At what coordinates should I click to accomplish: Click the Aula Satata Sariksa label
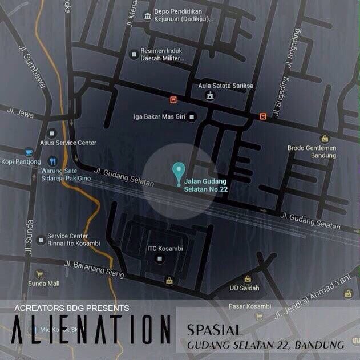[217, 86]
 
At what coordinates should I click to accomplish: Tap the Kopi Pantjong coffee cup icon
[29, 152]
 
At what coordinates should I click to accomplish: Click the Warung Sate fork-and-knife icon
[52, 161]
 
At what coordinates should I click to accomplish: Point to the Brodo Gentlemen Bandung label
[312, 151]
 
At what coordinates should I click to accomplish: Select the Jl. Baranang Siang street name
[94, 268]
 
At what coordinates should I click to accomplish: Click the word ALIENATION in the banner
[91, 331]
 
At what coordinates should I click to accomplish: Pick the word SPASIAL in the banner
[215, 330]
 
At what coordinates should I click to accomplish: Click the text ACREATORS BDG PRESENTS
[72, 308]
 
